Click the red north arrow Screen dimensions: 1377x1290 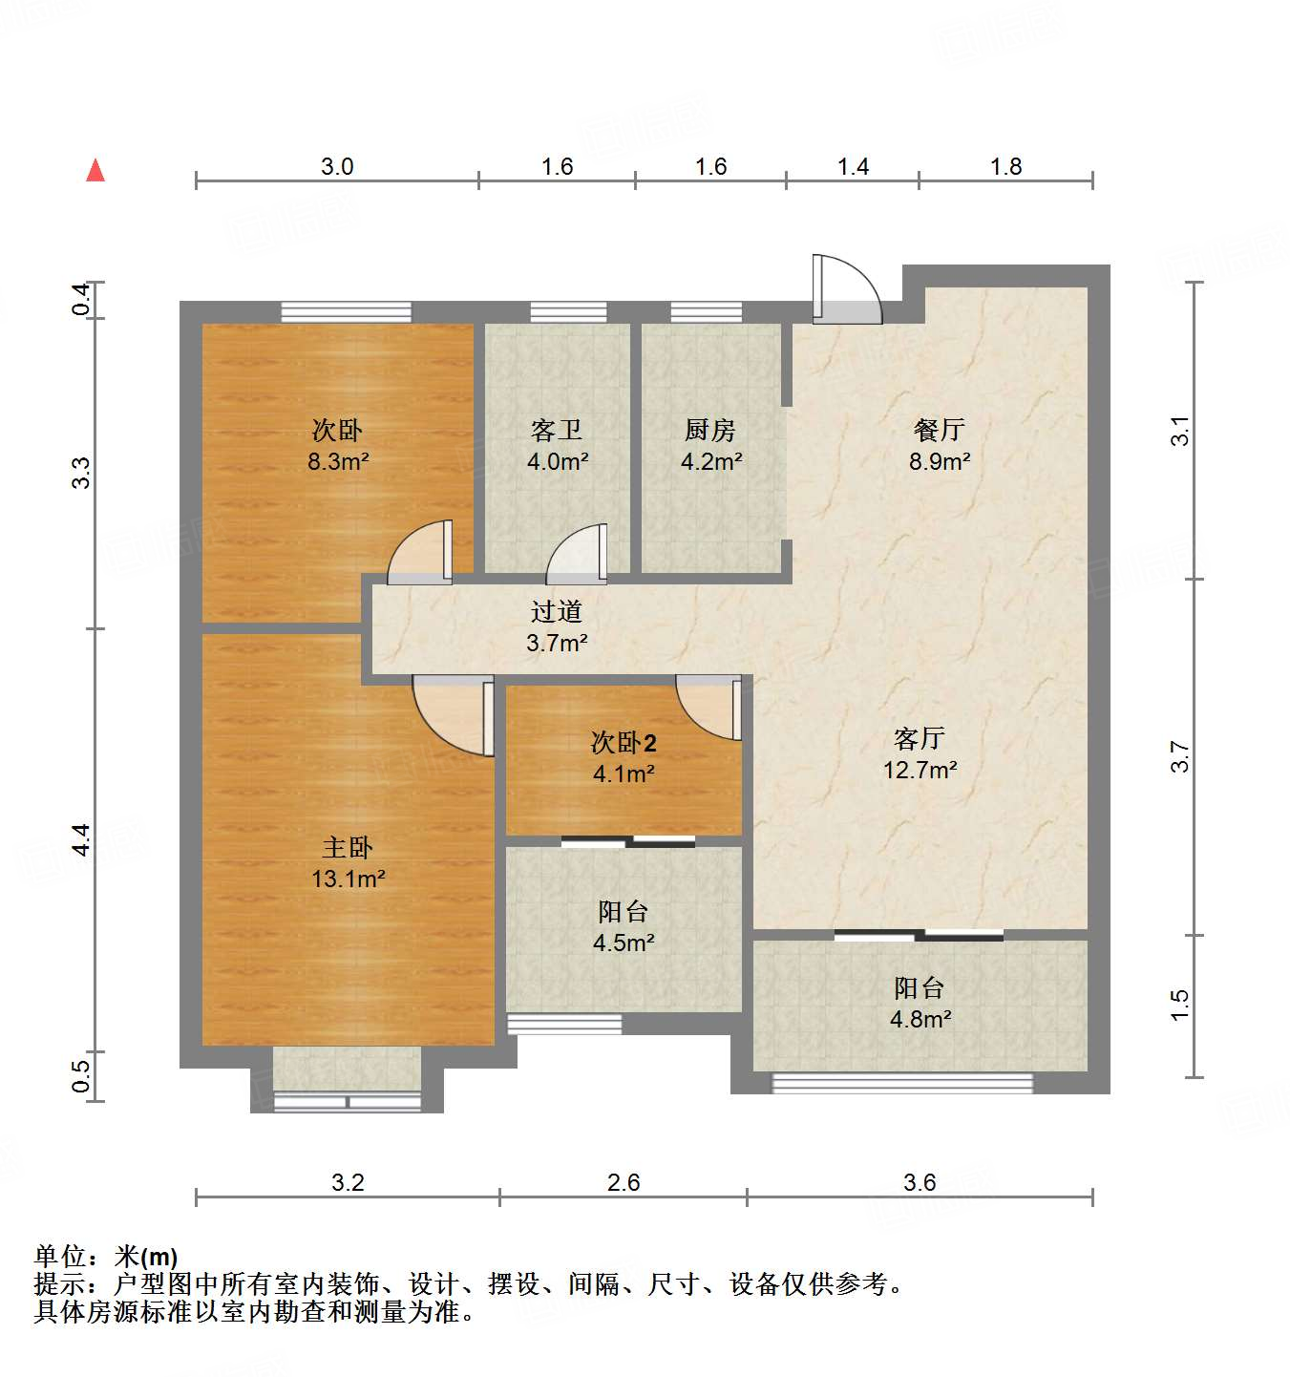[95, 171]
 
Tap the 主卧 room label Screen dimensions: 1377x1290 [348, 847]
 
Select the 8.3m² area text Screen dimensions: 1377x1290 [338, 461]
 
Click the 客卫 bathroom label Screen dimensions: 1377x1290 [557, 431]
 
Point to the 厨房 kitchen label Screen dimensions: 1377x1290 [710, 431]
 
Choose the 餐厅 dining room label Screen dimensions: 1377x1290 [940, 431]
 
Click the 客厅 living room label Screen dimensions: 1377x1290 [920, 738]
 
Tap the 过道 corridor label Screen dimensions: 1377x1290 [557, 611]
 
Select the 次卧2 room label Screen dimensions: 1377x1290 [624, 743]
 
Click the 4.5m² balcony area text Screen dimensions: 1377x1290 [624, 943]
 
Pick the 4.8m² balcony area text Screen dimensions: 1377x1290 [920, 1020]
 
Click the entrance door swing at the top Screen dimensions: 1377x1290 [844, 288]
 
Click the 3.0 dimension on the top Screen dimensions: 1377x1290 [337, 167]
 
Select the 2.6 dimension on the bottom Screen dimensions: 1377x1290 [624, 1183]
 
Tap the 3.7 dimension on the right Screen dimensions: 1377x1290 [1181, 757]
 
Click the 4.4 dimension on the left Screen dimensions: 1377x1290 [82, 839]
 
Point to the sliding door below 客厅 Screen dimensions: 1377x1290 [919, 935]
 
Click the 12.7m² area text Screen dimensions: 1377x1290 [920, 770]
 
